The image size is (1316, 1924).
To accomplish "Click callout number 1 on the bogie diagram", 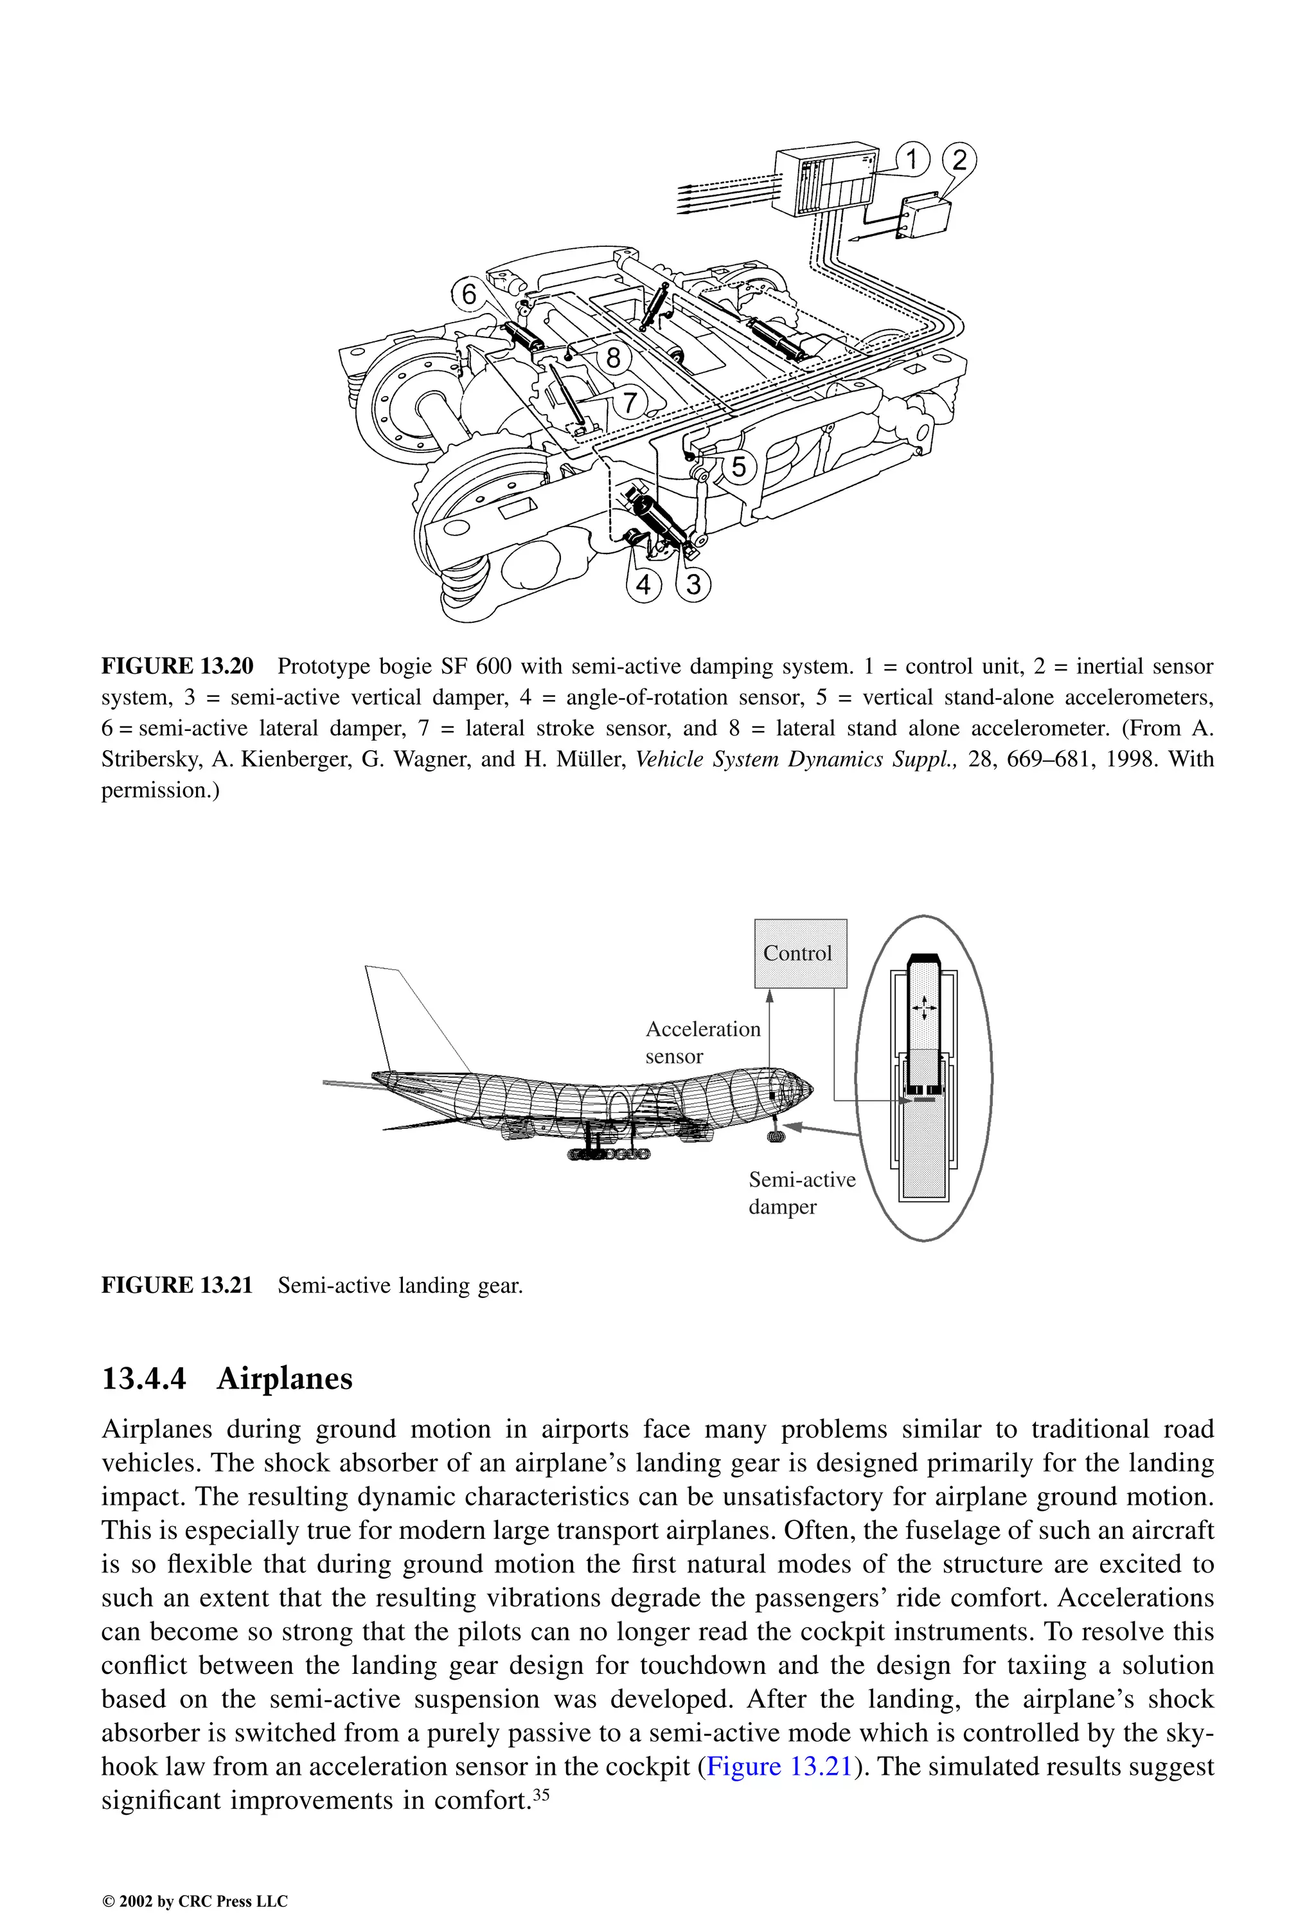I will tap(912, 159).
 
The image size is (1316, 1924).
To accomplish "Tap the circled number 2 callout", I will tap(959, 159).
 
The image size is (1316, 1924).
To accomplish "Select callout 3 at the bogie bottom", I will tap(693, 584).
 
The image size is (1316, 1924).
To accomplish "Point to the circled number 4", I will tap(644, 584).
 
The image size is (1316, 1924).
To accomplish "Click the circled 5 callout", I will tap(738, 467).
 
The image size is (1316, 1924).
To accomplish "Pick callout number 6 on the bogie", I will tap(469, 293).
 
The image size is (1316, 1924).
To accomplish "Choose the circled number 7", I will tap(630, 403).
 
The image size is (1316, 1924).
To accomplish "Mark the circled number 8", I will tap(612, 357).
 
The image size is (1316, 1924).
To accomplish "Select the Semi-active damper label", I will tap(801, 1192).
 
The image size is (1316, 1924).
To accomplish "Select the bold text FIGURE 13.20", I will tap(177, 667).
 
